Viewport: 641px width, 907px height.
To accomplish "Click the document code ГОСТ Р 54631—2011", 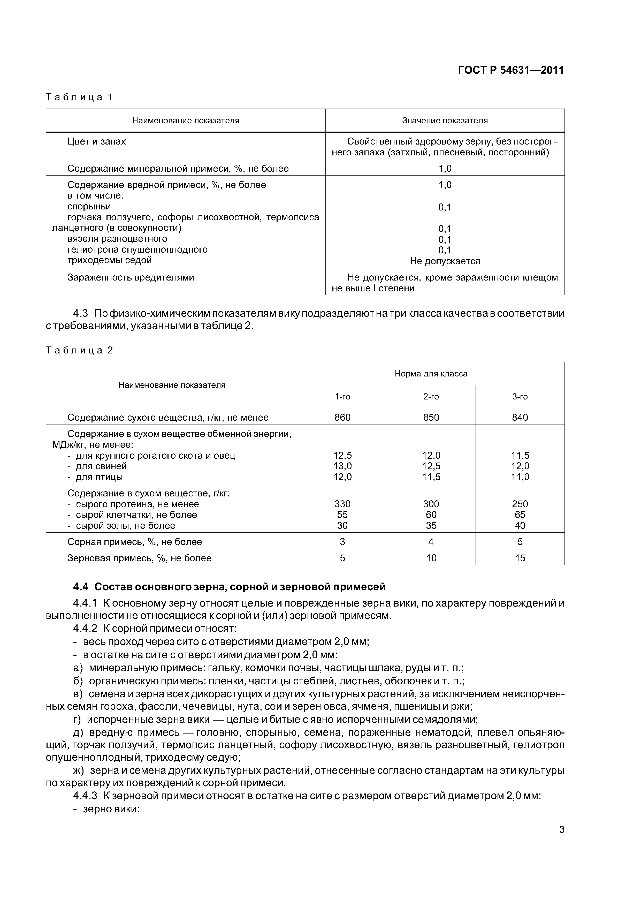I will [511, 70].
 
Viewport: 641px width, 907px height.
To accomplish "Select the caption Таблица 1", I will [79, 97].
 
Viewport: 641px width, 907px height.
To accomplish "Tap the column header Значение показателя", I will [445, 120].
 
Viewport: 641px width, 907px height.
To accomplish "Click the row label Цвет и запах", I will [96, 141].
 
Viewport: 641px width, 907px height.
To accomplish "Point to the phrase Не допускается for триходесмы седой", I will [445, 261].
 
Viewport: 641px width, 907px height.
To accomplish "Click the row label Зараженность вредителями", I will [131, 277].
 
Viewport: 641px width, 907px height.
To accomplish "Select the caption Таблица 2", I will [79, 350].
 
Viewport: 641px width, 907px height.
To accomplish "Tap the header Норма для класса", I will [431, 374].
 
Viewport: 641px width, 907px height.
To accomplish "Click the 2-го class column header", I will [431, 397].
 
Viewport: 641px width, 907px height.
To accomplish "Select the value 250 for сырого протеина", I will [520, 504].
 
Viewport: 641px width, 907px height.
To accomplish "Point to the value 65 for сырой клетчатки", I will [520, 515].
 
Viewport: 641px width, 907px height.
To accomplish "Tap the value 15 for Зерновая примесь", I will [520, 558].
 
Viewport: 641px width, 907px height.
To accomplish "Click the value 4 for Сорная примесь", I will [431, 542].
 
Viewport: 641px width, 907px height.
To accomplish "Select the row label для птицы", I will [99, 477].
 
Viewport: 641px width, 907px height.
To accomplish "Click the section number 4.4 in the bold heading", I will [81, 587].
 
